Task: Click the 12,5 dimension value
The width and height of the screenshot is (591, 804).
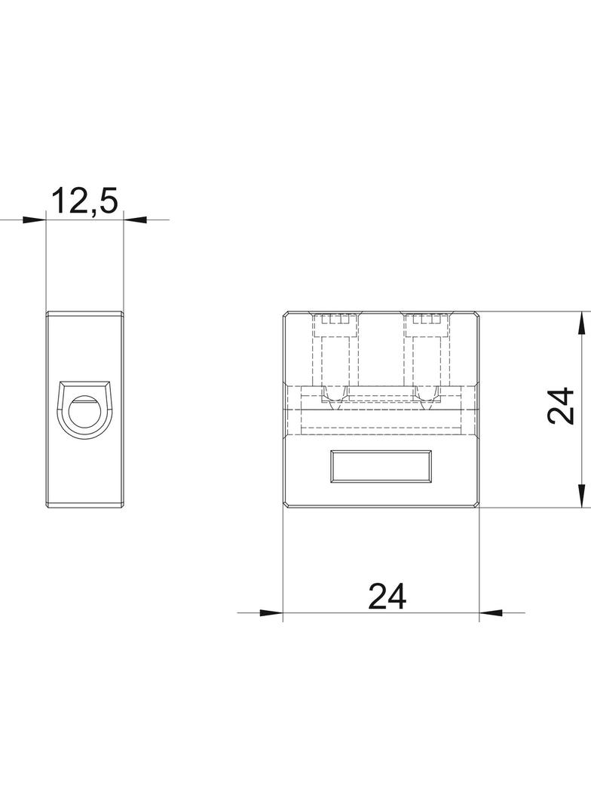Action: (85, 201)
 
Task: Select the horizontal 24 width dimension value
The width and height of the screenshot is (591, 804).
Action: (387, 596)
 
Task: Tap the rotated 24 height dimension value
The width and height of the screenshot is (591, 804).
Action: (560, 406)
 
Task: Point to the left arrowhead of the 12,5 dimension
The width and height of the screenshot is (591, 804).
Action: (35, 220)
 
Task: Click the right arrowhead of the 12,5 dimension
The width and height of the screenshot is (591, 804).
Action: (136, 220)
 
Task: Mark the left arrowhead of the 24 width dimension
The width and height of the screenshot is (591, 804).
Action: (271, 612)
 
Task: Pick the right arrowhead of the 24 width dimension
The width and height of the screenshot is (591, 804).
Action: (491, 612)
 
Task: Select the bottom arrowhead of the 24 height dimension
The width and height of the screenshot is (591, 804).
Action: (582, 496)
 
